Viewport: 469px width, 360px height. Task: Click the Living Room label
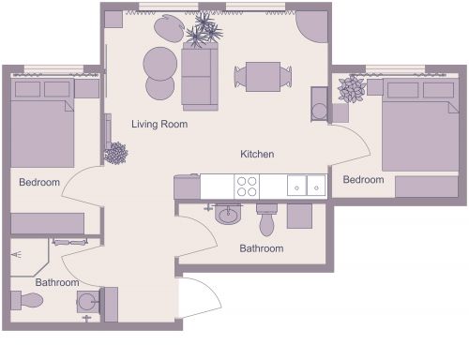coord(159,124)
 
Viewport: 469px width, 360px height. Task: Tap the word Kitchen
coord(257,154)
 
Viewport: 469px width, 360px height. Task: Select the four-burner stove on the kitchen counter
coord(248,186)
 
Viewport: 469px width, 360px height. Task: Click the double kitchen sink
coord(306,186)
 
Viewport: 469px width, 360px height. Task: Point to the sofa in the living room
coord(199,78)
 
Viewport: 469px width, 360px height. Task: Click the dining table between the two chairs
coord(263,75)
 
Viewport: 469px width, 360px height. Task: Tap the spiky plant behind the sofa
coord(204,33)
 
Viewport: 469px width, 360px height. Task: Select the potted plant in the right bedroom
coord(353,90)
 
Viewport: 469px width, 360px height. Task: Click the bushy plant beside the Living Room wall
coord(116,153)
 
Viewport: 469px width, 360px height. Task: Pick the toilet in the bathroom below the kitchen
coord(266,220)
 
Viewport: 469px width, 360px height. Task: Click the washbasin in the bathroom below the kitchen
coord(228,216)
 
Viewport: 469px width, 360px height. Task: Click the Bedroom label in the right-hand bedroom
coord(363,179)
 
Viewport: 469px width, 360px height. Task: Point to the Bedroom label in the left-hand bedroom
coord(39,182)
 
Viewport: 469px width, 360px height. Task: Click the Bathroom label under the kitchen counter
coord(261,248)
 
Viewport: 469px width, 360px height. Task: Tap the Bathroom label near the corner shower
coord(57,281)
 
